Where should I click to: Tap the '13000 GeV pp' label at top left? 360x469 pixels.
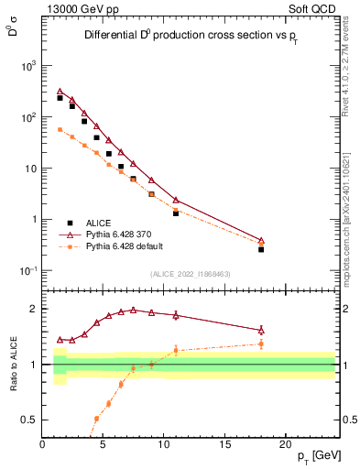(x=78, y=8)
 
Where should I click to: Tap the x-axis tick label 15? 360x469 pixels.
(x=225, y=445)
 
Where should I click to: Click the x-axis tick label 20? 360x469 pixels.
(x=287, y=445)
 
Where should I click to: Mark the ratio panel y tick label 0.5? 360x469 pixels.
(x=30, y=420)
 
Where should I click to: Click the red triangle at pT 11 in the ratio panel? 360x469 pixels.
(x=176, y=315)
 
